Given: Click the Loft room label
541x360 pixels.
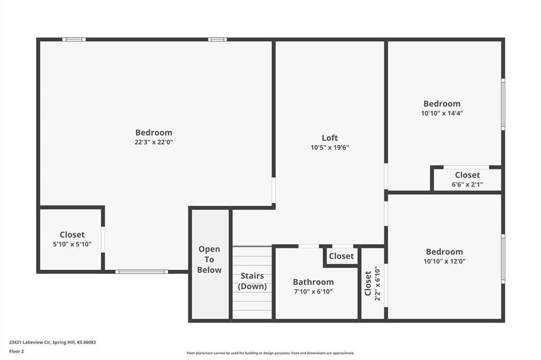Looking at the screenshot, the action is [x=330, y=138].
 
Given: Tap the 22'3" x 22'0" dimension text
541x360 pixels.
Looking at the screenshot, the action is [x=154, y=142].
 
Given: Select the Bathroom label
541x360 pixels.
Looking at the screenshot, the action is [x=313, y=282].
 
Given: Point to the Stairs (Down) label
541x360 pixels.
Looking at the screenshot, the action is [x=252, y=281].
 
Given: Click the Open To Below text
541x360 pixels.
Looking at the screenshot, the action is [x=209, y=259].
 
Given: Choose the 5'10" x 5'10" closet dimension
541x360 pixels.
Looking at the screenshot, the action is [x=72, y=244].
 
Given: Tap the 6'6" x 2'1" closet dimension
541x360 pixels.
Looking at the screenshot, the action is [x=468, y=184].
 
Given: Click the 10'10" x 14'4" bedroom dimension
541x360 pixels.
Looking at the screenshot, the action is [x=442, y=113].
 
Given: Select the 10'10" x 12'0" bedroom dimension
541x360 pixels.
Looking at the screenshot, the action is [x=444, y=261].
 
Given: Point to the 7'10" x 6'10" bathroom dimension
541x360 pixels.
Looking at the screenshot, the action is [x=313, y=292].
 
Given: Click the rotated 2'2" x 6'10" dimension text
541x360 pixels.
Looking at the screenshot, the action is [x=377, y=283].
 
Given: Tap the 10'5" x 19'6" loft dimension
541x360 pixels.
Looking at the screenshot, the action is [x=330, y=148].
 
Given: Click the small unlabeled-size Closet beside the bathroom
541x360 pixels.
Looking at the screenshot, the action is [x=341, y=256].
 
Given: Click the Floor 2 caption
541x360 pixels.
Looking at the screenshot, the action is [x=16, y=352].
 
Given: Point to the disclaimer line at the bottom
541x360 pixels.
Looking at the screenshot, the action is [x=270, y=353].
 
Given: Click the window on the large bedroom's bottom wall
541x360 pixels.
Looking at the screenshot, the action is [x=142, y=272].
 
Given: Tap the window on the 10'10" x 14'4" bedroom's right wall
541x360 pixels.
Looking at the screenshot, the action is [x=503, y=105].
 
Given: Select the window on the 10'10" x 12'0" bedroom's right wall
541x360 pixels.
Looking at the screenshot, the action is [x=503, y=259].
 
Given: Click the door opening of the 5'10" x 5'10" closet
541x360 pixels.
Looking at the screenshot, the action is [x=103, y=240].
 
